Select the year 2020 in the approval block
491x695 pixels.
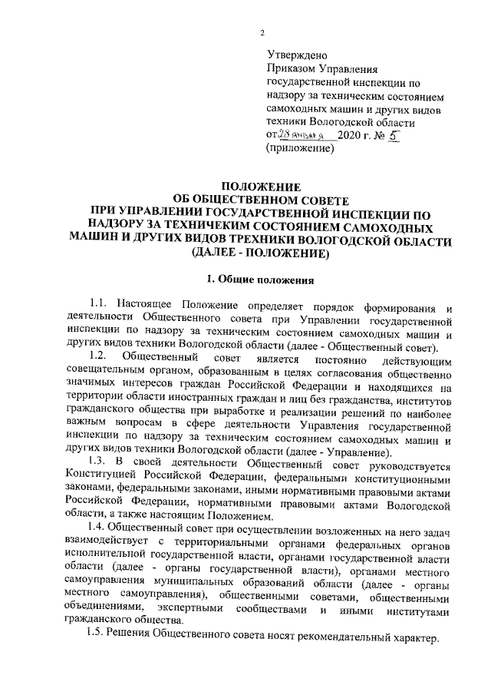point(361,135)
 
